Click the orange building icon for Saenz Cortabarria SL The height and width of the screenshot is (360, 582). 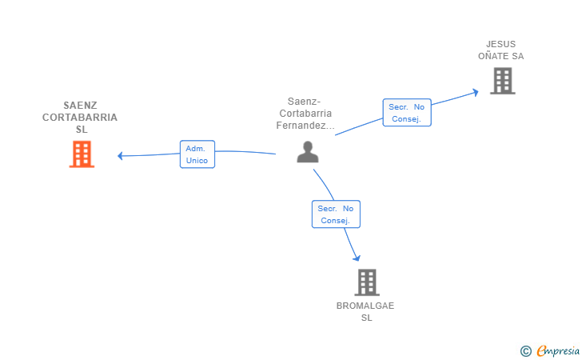pos(82,154)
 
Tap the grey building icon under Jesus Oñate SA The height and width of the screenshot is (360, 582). pos(503,81)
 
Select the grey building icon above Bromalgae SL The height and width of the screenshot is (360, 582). pos(367,282)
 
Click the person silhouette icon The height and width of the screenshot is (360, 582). pos(308,152)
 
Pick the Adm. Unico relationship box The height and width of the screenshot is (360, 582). pos(197,154)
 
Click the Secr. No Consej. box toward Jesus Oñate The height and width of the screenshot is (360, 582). pos(407,113)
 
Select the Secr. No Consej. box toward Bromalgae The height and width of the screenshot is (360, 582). pos(336,214)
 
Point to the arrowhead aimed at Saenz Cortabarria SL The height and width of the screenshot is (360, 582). pos(120,156)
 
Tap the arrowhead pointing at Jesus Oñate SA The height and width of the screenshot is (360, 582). pos(475,92)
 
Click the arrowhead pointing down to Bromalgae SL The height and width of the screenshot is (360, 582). pos(357,258)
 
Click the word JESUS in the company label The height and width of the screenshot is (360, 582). pos(500,44)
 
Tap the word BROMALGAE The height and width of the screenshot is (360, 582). pos(365,306)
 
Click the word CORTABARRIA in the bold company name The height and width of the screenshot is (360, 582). pos(80,118)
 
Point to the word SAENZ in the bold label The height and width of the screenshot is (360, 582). pos(80,106)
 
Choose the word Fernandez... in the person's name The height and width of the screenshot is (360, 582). pos(305,126)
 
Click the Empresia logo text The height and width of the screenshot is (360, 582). pos(558,350)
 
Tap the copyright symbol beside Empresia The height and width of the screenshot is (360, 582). pos(526,351)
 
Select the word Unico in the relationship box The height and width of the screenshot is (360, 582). pos(197,161)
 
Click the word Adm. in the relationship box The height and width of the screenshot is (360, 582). pos(195,149)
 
